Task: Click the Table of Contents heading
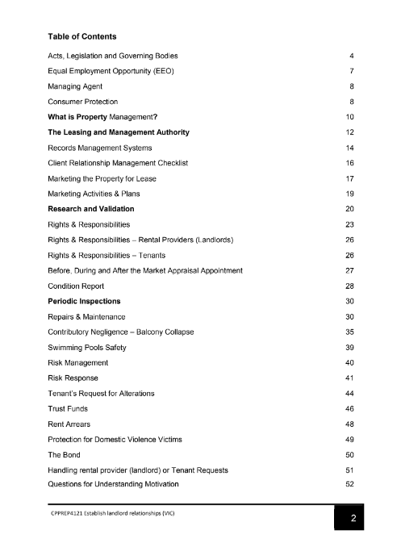point(81,36)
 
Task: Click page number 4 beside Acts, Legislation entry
point(353,56)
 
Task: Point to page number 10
point(350,117)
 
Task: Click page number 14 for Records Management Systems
point(350,148)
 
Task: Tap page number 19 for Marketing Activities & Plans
point(350,194)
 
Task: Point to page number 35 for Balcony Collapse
point(350,332)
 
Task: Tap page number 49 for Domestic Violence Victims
point(350,439)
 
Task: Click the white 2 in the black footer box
point(353,519)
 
